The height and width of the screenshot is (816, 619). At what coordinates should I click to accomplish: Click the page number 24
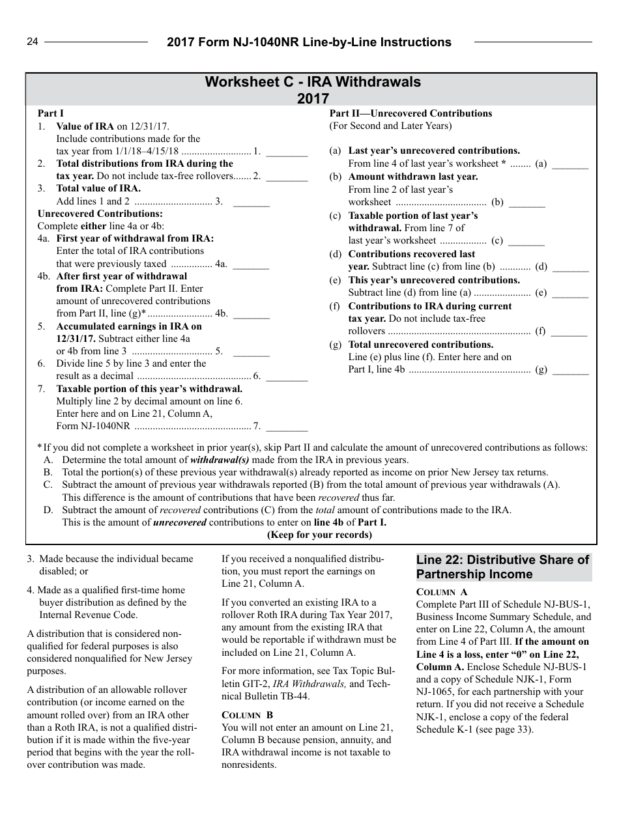coord(33,42)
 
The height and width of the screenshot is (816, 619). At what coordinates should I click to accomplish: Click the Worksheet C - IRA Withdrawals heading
coord(313,82)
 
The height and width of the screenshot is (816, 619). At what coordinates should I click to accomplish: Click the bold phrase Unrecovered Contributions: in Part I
coord(100,214)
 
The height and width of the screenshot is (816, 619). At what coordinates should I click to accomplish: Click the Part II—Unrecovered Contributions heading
coord(410,113)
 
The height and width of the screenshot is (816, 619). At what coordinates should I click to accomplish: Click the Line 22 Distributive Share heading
coord(503,567)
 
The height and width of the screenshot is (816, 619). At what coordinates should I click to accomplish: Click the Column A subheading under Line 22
coord(442,592)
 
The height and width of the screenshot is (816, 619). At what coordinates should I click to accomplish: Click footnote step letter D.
coord(48,510)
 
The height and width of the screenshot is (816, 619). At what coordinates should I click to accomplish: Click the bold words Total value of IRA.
coord(98,189)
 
